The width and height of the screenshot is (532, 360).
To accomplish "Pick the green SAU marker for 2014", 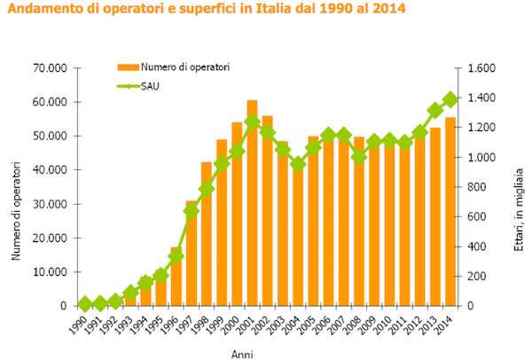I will (450, 99).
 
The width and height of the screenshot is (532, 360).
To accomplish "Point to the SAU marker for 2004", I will (299, 164).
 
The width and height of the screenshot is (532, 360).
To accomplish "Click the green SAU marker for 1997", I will (191, 211).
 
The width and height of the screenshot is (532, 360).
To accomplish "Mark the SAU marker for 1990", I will (84, 304).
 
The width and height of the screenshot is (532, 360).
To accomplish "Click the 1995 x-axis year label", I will (157, 325).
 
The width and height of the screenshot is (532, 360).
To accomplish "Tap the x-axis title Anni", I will (242, 354).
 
